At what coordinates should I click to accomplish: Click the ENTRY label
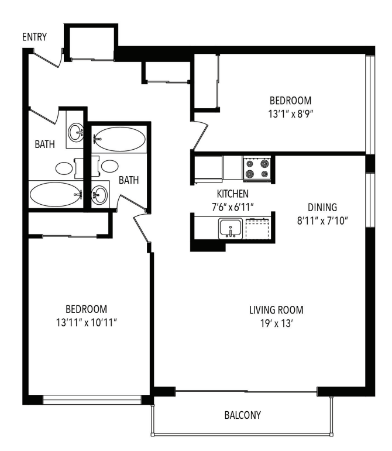coord(35,37)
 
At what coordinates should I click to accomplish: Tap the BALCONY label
coord(243,415)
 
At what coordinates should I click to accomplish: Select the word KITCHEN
coord(232,193)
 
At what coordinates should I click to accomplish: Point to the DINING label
coord(323,206)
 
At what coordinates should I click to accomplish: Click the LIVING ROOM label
coord(277,310)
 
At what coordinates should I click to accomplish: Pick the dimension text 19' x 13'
coord(277,323)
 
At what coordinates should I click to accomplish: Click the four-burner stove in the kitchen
coord(258,168)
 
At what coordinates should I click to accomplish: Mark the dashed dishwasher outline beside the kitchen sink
coord(257,228)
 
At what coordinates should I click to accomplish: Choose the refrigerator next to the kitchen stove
coord(208,168)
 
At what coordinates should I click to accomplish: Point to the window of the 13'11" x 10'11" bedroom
coord(92,401)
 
